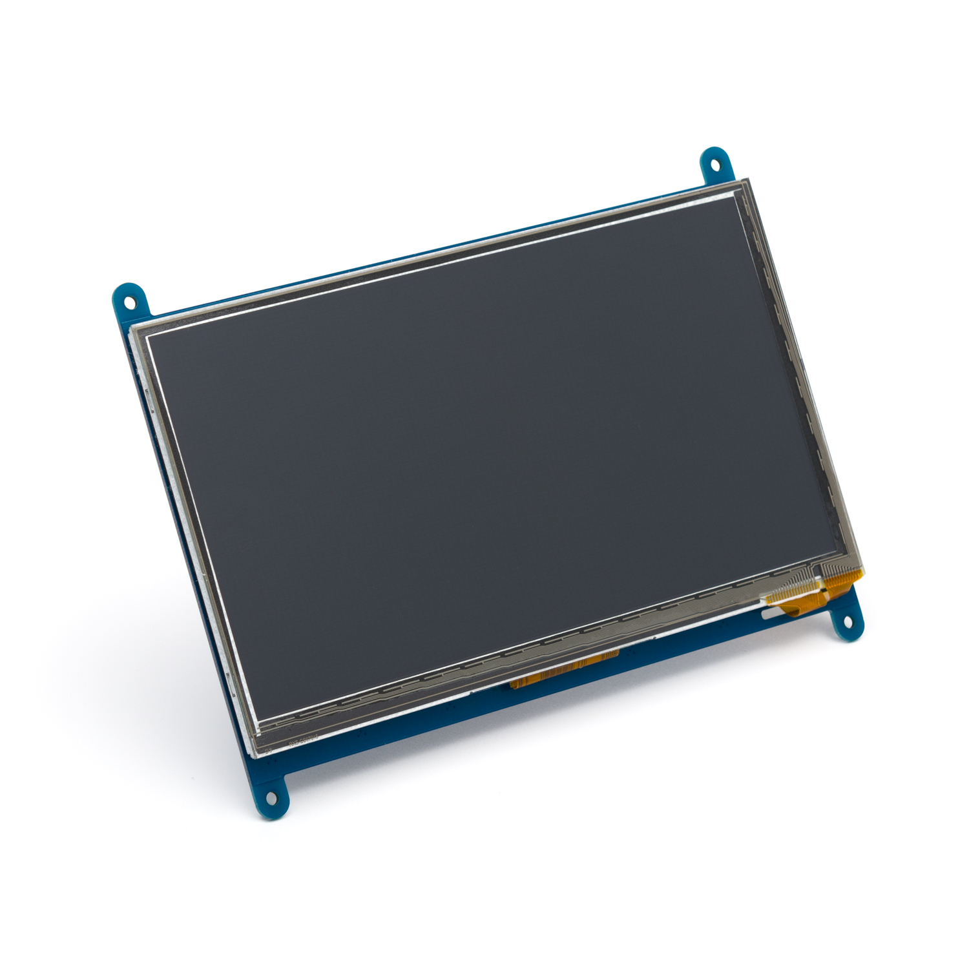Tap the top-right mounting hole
click(x=715, y=164)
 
